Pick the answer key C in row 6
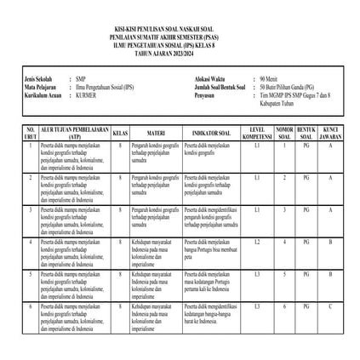pos(329,306)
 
